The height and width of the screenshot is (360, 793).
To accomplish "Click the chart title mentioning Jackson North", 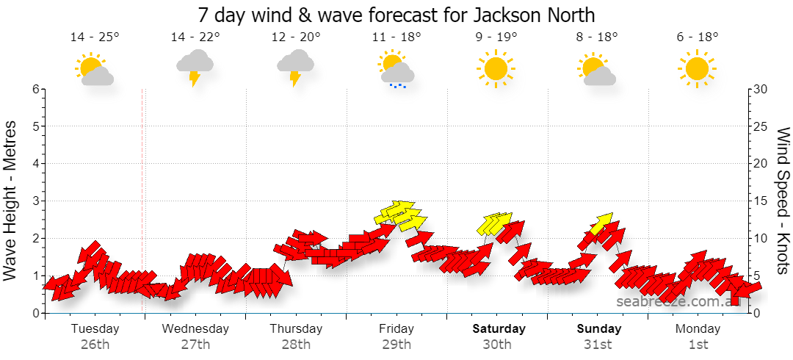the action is click(x=396, y=15).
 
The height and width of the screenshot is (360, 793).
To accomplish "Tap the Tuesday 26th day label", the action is click(x=95, y=336).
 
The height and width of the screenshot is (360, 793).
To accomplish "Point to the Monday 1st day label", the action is click(x=698, y=336).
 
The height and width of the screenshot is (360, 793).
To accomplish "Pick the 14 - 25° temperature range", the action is click(x=95, y=37).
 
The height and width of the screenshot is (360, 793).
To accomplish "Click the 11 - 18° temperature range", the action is click(x=396, y=37).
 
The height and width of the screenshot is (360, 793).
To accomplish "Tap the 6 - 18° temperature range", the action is click(x=698, y=37).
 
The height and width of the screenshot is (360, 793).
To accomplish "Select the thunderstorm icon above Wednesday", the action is click(x=195, y=68).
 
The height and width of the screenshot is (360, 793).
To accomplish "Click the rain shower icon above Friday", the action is click(x=396, y=69).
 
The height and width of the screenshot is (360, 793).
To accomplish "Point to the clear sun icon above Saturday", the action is click(x=496, y=68).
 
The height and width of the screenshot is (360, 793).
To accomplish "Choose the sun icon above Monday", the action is click(x=698, y=68).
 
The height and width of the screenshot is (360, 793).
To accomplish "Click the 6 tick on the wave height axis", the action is click(x=35, y=89).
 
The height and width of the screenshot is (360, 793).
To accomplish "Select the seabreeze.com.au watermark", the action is click(x=678, y=301).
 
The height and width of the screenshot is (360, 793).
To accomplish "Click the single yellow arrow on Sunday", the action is click(x=601, y=223).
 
